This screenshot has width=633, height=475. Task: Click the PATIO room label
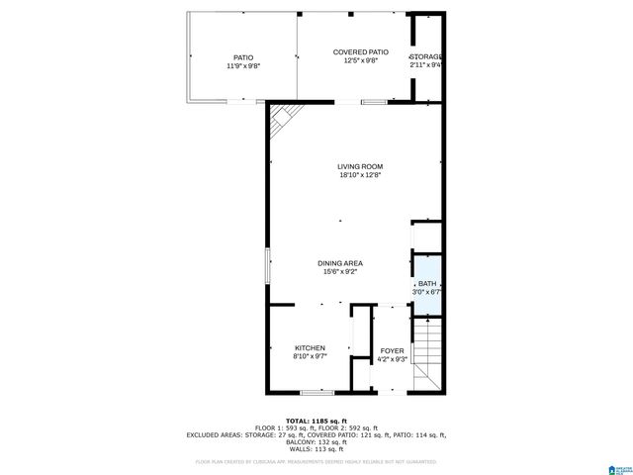pos(242,58)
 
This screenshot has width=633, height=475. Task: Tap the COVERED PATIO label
pos(360,51)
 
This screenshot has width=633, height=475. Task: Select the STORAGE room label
pos(426,57)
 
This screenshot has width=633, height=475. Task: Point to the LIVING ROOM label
pos(360,166)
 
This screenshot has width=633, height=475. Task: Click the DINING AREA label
pos(339,263)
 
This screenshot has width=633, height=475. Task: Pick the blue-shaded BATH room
pos(426,285)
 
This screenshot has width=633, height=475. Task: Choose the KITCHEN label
pos(310,348)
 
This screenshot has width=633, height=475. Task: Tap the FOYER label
pos(393,351)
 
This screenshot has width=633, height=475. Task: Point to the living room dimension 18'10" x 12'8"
pos(360,175)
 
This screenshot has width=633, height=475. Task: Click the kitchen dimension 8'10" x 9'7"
pos(310,357)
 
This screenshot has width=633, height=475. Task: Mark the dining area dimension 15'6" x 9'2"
pos(339,272)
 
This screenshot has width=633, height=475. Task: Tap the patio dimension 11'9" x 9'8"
pos(242,66)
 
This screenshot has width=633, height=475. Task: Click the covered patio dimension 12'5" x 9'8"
pos(360,60)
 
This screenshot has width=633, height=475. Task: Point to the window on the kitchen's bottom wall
pos(316,394)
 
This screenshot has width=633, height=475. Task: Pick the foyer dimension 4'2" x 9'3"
pos(393,360)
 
